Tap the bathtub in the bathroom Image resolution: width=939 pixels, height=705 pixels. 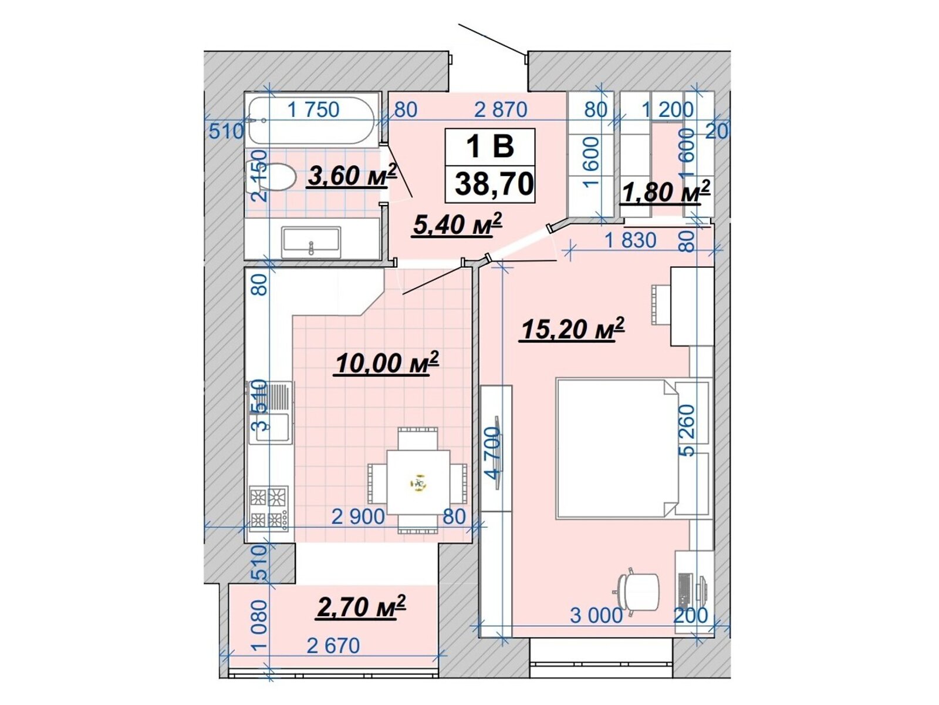tap(312, 120)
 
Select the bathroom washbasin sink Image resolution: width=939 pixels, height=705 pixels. tap(311, 242)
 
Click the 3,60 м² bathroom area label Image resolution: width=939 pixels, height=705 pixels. tap(352, 176)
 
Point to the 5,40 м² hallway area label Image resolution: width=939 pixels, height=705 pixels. tap(457, 224)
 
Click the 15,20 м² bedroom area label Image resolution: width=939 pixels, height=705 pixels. tap(572, 329)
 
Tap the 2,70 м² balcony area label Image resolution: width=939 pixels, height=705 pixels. tap(360, 606)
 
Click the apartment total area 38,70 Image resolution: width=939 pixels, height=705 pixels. tap(494, 184)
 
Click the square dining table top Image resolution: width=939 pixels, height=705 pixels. tap(418, 482)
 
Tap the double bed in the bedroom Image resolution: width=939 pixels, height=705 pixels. tap(616, 449)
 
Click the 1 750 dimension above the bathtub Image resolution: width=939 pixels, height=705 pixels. tap(313, 110)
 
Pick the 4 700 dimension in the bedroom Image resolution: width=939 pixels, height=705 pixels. tap(492, 454)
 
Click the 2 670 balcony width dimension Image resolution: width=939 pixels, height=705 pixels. tap(334, 646)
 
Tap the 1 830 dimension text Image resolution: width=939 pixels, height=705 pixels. tap(630, 240)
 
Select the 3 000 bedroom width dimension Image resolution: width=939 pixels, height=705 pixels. tap(596, 616)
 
